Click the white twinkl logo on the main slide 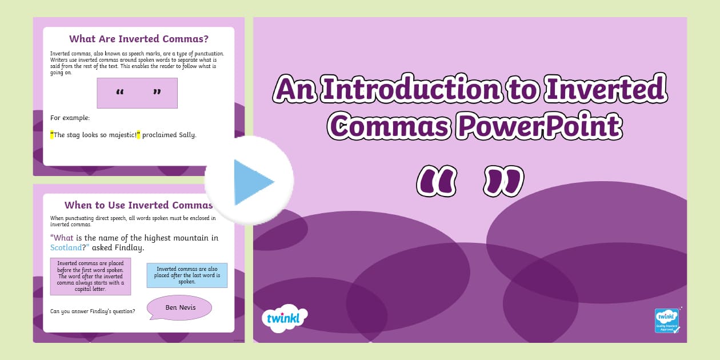285,318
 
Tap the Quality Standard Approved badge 667,321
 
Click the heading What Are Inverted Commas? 138,39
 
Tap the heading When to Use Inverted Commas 138,205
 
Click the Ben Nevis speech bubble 180,307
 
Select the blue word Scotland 66,248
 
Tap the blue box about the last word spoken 187,275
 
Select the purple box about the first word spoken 90,277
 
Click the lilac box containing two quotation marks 137,93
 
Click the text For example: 70,118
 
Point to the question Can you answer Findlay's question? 93,311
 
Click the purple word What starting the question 64,238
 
